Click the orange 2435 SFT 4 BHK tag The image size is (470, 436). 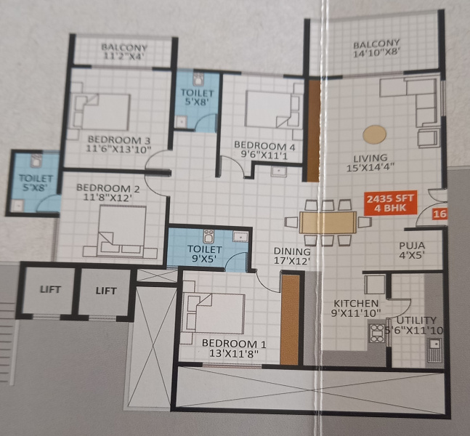pyautogui.click(x=391, y=203)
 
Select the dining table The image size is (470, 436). pyautogui.click(x=328, y=222)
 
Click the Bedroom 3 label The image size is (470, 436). pyautogui.click(x=118, y=140)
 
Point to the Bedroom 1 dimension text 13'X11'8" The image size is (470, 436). pyautogui.click(x=234, y=354)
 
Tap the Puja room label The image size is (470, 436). pyautogui.click(x=412, y=246)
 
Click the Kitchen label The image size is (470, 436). pyautogui.click(x=356, y=303)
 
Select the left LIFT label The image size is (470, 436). pyautogui.click(x=51, y=290)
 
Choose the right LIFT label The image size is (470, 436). pyautogui.click(x=106, y=291)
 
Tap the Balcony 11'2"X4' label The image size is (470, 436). pyautogui.click(x=124, y=52)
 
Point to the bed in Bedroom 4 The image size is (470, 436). pyautogui.click(x=271, y=110)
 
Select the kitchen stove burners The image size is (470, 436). pyautogui.click(x=378, y=333)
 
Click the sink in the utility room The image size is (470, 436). pyautogui.click(x=434, y=350)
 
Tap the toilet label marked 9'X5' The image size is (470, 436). pyautogui.click(x=205, y=254)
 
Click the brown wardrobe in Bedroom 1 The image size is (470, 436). pyautogui.click(x=290, y=320)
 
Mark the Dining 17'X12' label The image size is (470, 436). pyautogui.click(x=292, y=256)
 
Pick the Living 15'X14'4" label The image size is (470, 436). pyautogui.click(x=370, y=163)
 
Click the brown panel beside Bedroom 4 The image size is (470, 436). pyautogui.click(x=313, y=131)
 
